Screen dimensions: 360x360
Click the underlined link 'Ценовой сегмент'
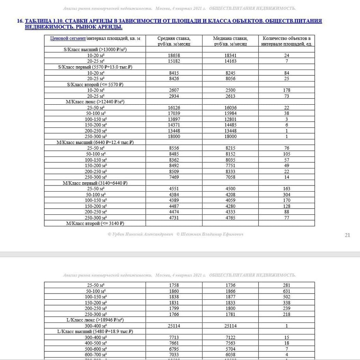(x=67, y=39)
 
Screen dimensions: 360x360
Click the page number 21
(x=347, y=235)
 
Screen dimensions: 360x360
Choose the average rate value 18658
(x=174, y=55)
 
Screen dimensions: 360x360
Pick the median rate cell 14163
(x=230, y=61)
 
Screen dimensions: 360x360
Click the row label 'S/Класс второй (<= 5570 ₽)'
(x=95, y=84)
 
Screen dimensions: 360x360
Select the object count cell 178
(x=286, y=90)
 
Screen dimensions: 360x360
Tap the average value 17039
(x=174, y=113)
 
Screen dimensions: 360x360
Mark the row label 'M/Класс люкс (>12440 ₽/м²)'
(x=95, y=102)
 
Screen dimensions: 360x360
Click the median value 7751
(x=230, y=165)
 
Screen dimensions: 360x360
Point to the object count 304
(x=286, y=194)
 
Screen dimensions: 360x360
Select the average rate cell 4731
(x=174, y=217)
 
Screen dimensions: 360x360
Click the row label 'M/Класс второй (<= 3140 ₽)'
(x=95, y=223)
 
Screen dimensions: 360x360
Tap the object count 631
(x=286, y=291)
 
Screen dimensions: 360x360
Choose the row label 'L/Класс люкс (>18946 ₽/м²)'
(x=95, y=320)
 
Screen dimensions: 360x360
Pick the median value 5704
(x=230, y=349)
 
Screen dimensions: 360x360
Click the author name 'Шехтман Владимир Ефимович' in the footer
(x=213, y=234)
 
